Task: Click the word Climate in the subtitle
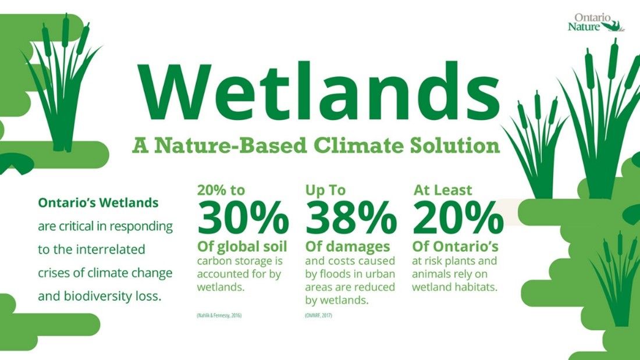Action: pyautogui.click(x=358, y=144)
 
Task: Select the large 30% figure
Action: pyautogui.click(x=243, y=219)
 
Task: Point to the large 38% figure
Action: pyautogui.click(x=351, y=219)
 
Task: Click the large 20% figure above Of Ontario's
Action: pyautogui.click(x=458, y=219)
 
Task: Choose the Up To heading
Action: pyautogui.click(x=325, y=190)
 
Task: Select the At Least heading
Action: pyautogui.click(x=443, y=190)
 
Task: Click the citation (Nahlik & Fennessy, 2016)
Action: pyautogui.click(x=219, y=315)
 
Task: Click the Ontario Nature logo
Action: pyautogui.click(x=595, y=22)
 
